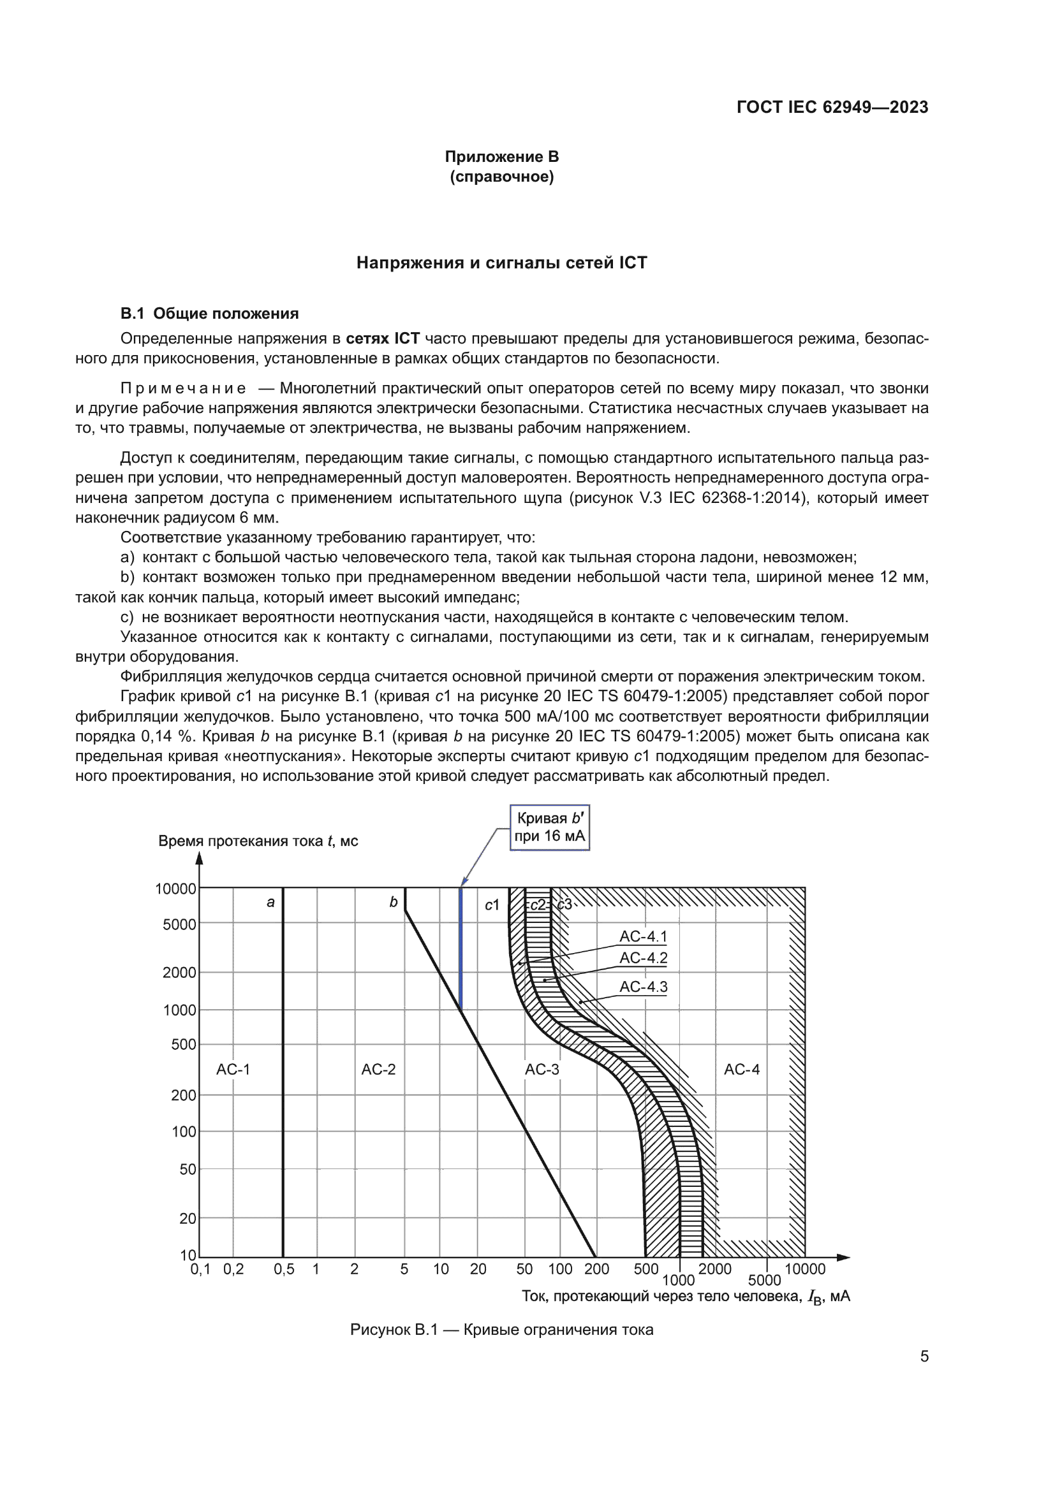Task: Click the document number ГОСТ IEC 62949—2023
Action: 832,107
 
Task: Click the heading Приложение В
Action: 501,157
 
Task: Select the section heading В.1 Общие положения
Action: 209,314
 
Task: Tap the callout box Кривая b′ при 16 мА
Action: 550,827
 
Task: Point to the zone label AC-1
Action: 233,1070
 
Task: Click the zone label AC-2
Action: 378,1070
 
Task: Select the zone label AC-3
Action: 542,1070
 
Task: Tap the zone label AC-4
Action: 741,1070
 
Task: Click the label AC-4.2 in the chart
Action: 643,958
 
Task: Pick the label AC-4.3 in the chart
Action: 643,987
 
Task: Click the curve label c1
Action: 492,905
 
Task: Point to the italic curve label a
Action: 271,902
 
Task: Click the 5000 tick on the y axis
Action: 179,924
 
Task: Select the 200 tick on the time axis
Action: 182,1096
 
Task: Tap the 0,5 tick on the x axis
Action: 284,1269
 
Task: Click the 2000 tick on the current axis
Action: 714,1269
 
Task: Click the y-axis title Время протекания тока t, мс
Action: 258,841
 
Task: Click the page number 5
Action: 924,1356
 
